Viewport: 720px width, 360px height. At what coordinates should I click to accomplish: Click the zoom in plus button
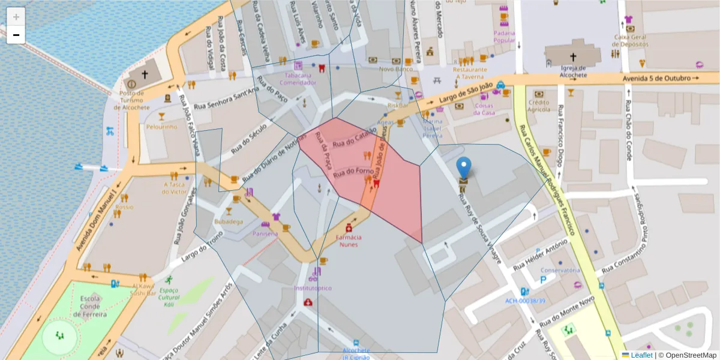[x=16, y=16]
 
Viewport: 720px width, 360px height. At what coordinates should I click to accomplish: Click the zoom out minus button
[x=16, y=35]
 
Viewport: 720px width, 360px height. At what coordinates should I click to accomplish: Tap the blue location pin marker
[x=464, y=167]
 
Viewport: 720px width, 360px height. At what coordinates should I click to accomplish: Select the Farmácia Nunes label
[x=349, y=241]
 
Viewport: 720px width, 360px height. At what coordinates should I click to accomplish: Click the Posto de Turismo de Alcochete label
[x=131, y=100]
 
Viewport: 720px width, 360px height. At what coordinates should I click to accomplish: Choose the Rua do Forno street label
[x=353, y=172]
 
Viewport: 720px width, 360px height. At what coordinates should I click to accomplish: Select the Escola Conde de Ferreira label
[x=90, y=306]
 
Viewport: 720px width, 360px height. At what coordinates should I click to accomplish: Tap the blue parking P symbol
[x=544, y=279]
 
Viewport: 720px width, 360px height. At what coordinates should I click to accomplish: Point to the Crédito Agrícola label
[x=539, y=106]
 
